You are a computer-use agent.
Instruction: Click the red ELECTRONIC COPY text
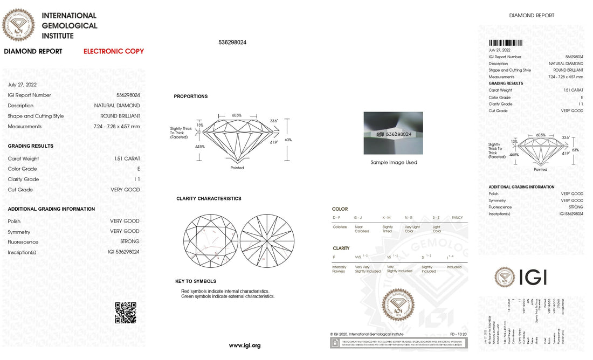pyautogui.click(x=114, y=52)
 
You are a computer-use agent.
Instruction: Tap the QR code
pyautogui.click(x=126, y=313)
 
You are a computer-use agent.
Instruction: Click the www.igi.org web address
pyautogui.click(x=244, y=345)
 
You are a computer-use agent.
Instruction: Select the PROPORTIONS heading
pyautogui.click(x=190, y=96)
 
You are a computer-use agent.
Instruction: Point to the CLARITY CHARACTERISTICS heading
pyautogui.click(x=209, y=199)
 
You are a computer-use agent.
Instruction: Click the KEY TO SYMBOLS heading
pyautogui.click(x=196, y=281)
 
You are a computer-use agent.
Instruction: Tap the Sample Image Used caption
pyautogui.click(x=394, y=162)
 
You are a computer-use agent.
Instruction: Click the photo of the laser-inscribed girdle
pyautogui.click(x=393, y=133)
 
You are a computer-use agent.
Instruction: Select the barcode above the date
pyautogui.click(x=505, y=43)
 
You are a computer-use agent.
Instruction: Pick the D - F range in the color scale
pyautogui.click(x=336, y=217)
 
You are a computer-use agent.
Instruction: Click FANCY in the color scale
pyautogui.click(x=457, y=217)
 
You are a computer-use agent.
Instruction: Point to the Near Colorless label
pyautogui.click(x=362, y=229)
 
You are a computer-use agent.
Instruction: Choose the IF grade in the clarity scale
pyautogui.click(x=334, y=257)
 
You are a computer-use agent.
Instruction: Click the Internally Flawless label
pyautogui.click(x=339, y=269)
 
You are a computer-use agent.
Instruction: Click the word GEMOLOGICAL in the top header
pyautogui.click(x=70, y=26)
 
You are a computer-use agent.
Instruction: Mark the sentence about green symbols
pyautogui.click(x=227, y=296)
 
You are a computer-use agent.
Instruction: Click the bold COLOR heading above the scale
pyautogui.click(x=340, y=209)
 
